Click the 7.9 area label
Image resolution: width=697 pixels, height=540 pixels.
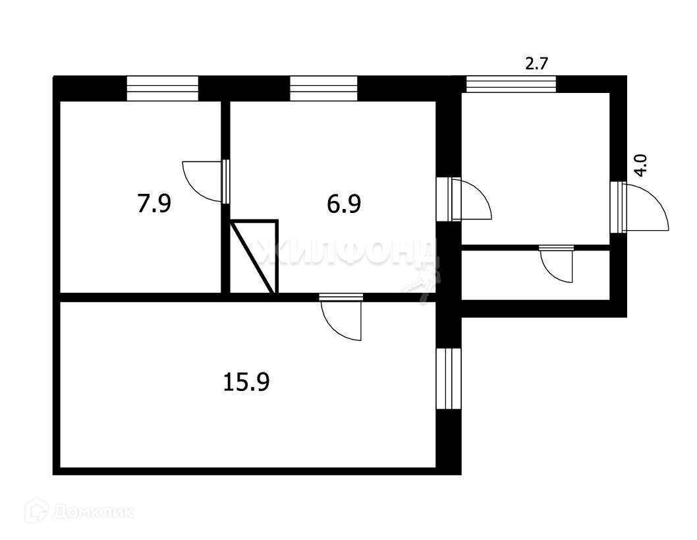pos(154,204)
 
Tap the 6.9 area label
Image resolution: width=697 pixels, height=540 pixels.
pos(344,204)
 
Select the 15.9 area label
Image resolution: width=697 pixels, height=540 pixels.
pos(246,382)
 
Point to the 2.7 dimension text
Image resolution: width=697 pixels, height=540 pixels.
pos(536,63)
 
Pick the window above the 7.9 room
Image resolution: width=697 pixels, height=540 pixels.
pos(162,89)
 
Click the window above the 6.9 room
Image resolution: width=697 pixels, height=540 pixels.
pos(323,88)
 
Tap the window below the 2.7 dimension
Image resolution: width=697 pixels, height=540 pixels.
pos(511,84)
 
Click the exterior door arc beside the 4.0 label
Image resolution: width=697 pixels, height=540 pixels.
pos(647,208)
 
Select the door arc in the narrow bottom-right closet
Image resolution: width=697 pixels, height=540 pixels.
pos(557,266)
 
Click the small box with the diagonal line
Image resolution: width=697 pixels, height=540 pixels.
pos(254,256)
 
